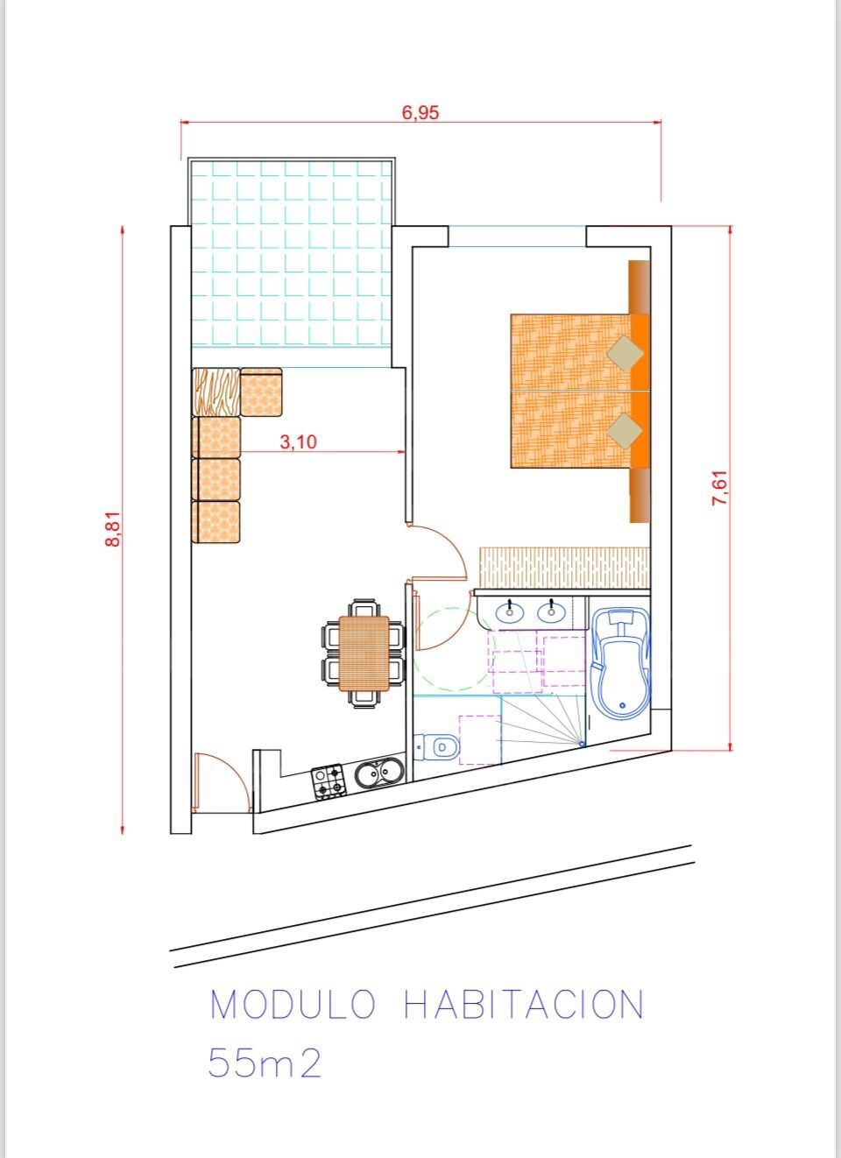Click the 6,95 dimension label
(420, 112)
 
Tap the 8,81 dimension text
(113, 528)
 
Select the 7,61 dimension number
(720, 488)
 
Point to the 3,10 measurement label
(298, 442)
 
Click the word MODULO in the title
(293, 1005)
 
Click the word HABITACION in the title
(524, 1005)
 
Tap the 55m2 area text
(265, 1064)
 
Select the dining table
(364, 653)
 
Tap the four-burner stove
(328, 781)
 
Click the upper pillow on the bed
(625, 354)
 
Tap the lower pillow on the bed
(625, 431)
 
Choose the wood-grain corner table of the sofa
(216, 392)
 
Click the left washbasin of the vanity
(510, 612)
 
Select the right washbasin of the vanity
(552, 612)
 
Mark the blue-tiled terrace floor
(292, 254)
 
